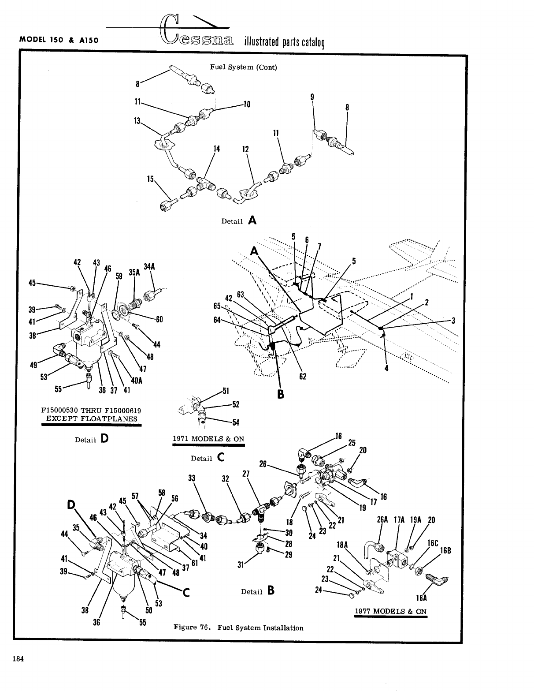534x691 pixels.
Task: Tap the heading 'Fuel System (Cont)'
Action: [x=243, y=67]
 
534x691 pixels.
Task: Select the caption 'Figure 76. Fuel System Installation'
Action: [x=238, y=628]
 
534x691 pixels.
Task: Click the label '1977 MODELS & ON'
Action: [x=391, y=611]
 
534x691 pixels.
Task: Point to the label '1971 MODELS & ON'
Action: [x=208, y=439]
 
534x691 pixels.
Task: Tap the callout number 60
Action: [x=159, y=319]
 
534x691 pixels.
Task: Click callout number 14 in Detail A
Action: [x=216, y=149]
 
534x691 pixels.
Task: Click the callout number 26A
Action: [x=382, y=519]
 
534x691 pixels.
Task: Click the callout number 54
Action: [x=236, y=422]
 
